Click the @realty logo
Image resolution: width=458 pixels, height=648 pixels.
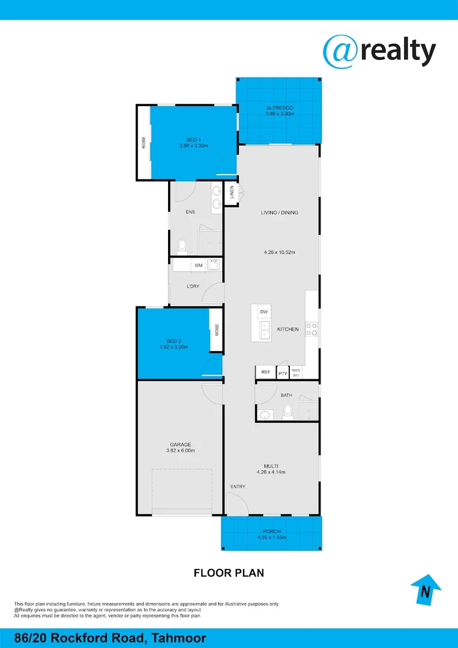click(x=379, y=51)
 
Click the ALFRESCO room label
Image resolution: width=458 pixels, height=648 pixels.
click(x=280, y=108)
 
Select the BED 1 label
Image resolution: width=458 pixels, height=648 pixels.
click(x=193, y=139)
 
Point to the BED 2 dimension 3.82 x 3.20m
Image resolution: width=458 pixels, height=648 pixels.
click(x=174, y=347)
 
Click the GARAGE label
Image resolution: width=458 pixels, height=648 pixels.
click(x=181, y=445)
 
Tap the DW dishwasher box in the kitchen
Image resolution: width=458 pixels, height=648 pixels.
click(x=264, y=311)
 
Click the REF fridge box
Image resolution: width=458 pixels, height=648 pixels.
click(x=265, y=373)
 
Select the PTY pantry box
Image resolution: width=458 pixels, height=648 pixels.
click(x=282, y=373)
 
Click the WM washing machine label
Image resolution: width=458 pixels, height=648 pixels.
click(x=198, y=265)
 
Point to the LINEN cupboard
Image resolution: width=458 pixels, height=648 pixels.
click(x=232, y=193)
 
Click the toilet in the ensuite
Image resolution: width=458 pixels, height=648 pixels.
click(x=182, y=246)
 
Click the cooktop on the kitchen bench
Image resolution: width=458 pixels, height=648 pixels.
click(x=312, y=328)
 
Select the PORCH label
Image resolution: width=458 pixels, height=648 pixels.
click(x=271, y=532)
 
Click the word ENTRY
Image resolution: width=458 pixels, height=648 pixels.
click(x=238, y=486)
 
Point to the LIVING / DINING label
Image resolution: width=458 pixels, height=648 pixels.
click(x=279, y=212)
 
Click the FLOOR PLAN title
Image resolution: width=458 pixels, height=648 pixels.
click(x=229, y=573)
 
